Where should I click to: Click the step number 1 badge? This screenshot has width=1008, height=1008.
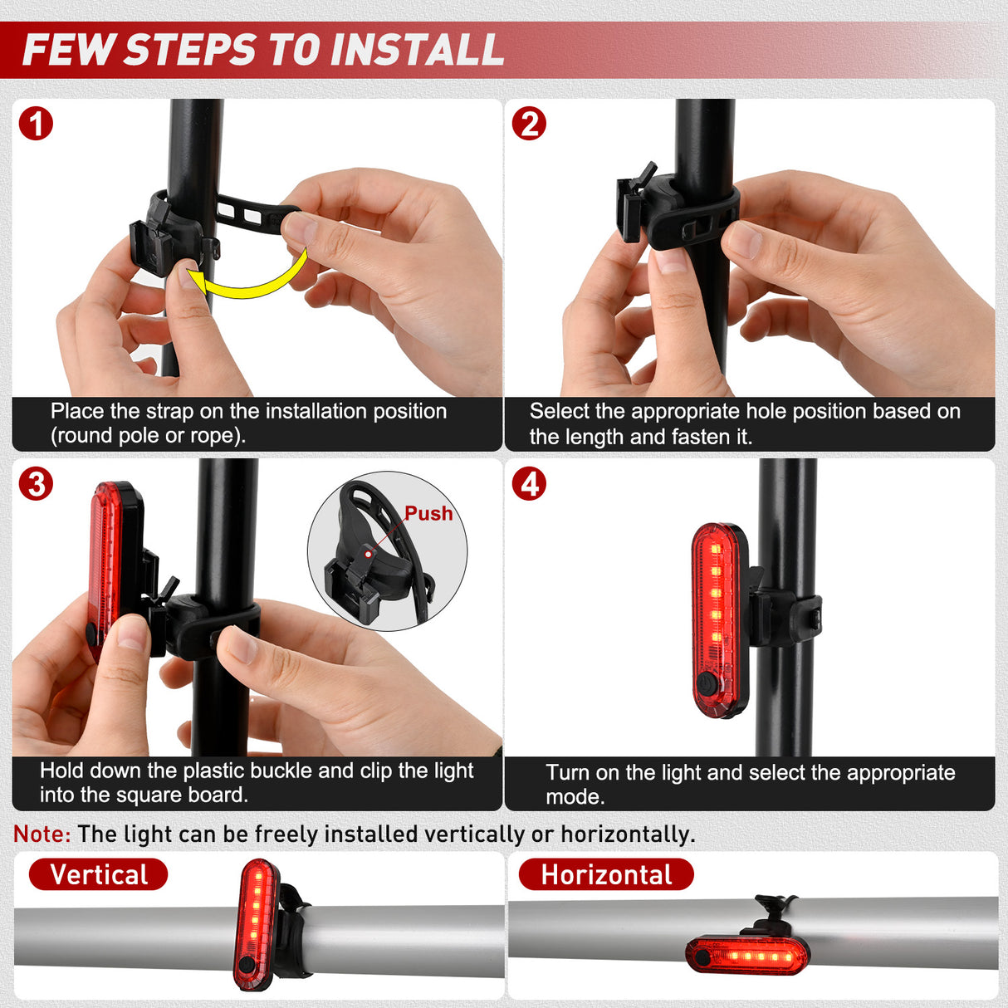pos(36,125)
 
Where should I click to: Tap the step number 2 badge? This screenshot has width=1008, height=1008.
pos(529,125)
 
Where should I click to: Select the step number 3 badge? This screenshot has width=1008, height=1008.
pos(36,484)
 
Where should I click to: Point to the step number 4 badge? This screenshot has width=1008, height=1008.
pos(529,484)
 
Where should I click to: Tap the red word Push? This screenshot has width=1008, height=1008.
pos(428,514)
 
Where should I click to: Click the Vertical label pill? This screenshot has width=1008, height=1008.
pos(98,874)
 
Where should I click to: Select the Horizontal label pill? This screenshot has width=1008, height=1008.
pos(606,874)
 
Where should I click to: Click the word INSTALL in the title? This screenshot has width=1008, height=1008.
pos(416,50)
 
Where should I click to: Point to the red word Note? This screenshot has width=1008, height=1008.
pos(42,834)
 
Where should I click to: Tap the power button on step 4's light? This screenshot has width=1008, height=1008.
pos(705,684)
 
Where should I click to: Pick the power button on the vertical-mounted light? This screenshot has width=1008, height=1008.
pos(244,964)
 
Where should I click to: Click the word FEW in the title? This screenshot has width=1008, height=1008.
pos(68,50)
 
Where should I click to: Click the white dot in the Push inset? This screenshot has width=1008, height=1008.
pos(369,554)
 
